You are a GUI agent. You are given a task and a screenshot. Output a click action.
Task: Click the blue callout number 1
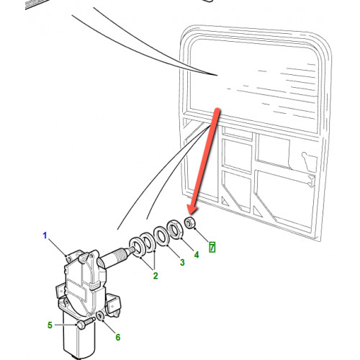click(x=45, y=235)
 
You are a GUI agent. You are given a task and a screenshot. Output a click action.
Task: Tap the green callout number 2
click(x=156, y=276)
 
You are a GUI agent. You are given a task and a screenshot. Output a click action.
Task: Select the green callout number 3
click(x=182, y=262)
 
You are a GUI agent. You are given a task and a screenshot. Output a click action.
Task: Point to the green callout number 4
click(x=197, y=255)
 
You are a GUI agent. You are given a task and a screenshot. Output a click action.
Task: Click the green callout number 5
click(x=50, y=325)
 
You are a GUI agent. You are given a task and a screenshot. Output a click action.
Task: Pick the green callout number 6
click(x=118, y=337)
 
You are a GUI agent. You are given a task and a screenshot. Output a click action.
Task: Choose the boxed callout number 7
click(x=212, y=247)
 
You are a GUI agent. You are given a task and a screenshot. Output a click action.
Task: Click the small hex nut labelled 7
click(x=190, y=222)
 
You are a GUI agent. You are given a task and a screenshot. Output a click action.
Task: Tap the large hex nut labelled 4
click(x=175, y=229)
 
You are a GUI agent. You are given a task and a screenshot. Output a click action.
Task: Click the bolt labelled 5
click(x=86, y=322)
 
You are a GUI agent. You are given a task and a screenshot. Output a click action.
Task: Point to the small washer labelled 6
click(x=100, y=316)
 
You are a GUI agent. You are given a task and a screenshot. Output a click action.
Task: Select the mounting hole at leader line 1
click(x=69, y=258)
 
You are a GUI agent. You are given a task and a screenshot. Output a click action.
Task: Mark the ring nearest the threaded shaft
click(x=137, y=248)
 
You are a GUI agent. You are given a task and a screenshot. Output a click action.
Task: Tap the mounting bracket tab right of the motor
click(x=113, y=304)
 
